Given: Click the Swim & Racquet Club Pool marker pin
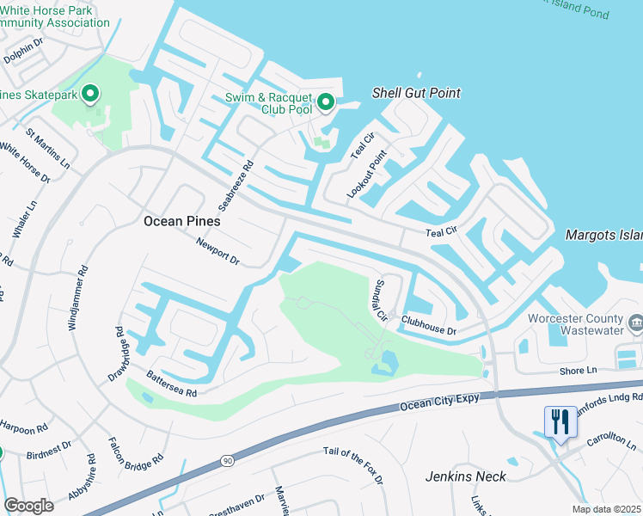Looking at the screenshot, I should tap(325, 103).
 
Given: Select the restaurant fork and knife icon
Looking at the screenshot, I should tap(560, 422).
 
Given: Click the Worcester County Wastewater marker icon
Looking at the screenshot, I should tap(636, 322).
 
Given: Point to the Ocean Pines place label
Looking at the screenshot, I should tap(181, 221).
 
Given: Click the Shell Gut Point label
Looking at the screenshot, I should tap(416, 93).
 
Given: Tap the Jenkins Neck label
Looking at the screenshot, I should tap(462, 476).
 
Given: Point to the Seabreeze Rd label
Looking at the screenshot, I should tap(236, 185).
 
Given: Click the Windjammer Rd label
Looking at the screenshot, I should tap(77, 298).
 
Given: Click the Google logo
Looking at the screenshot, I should tap(28, 505).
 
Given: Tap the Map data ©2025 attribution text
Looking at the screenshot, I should tap(607, 509).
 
